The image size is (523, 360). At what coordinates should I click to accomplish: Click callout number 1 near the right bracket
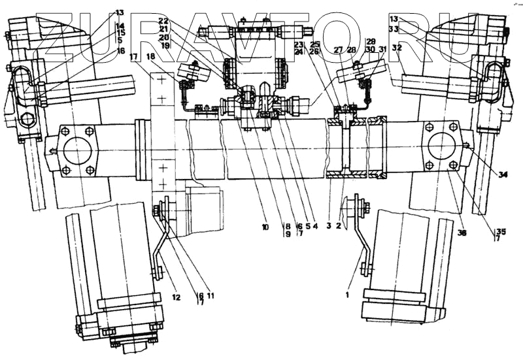pyautogui.click(x=347, y=295)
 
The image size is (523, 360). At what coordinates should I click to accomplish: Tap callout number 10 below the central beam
pyautogui.click(x=265, y=227)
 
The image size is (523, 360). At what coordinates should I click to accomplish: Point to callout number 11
pyautogui.click(x=211, y=295)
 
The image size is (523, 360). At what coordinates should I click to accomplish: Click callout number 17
pyautogui.click(x=134, y=57)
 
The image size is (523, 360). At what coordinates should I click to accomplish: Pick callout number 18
pyautogui.click(x=152, y=57)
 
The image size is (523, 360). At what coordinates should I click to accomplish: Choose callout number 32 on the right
pyautogui.click(x=397, y=48)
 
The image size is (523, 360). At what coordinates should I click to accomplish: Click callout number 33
pyautogui.click(x=393, y=29)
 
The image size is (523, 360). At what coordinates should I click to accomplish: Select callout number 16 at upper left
pyautogui.click(x=120, y=50)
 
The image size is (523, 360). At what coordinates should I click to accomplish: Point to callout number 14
pyautogui.click(x=120, y=26)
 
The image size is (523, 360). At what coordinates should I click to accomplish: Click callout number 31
pyautogui.click(x=382, y=49)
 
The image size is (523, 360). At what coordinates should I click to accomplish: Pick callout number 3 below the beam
pyautogui.click(x=329, y=226)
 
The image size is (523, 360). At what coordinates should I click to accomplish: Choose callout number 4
pyautogui.click(x=314, y=227)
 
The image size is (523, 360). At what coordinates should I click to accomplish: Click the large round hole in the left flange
pyautogui.click(x=77, y=151)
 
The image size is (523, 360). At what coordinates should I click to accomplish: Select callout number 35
pyautogui.click(x=501, y=231)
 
